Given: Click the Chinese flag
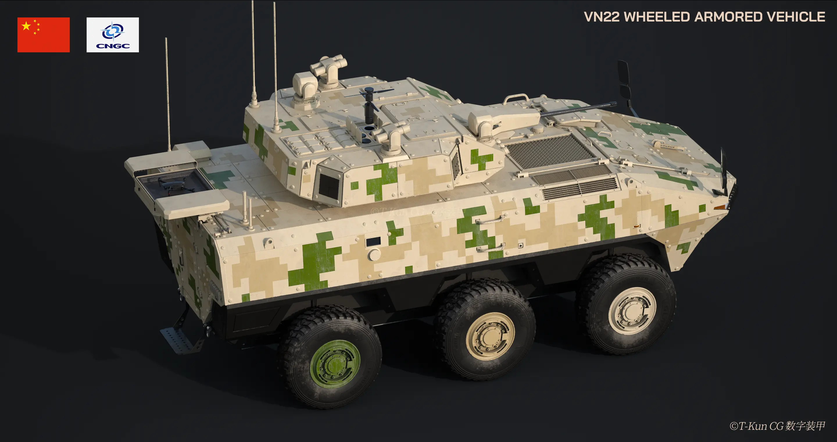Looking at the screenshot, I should pos(43,35).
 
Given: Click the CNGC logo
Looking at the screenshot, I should pos(112,35).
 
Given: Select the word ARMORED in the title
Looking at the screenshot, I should pos(728,17).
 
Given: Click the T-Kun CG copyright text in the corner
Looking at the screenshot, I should pos(777,426).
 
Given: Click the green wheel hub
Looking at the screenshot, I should pos(335,364).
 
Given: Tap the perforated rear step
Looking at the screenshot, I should pos(177,340).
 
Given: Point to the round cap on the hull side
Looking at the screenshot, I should pos(374,255).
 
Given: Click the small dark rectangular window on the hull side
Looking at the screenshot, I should pos(373,241).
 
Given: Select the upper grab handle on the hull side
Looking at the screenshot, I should pos(490,220).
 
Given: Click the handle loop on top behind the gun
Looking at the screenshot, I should pos(516,98).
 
